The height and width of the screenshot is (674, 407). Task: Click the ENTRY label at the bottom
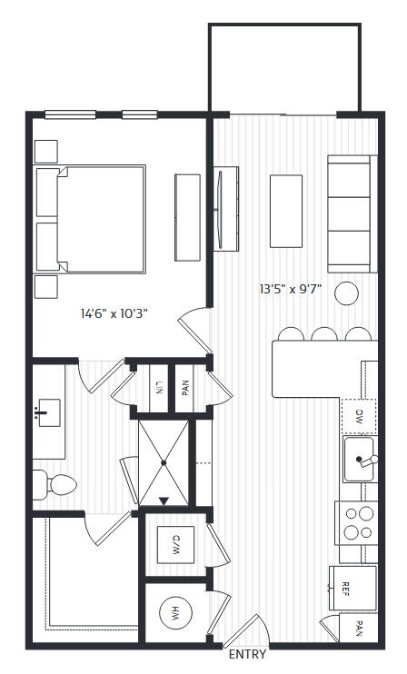[x=247, y=654]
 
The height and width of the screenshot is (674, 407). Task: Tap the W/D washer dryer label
[x=176, y=545]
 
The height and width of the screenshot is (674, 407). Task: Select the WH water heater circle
[x=175, y=614]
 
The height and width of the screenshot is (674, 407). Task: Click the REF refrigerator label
[x=344, y=589]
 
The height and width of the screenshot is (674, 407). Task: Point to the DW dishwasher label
[x=359, y=416]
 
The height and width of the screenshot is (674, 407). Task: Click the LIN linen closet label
[x=159, y=387]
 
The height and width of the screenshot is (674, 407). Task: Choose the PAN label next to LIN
[x=185, y=388]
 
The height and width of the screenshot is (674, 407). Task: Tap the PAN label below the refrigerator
[x=359, y=628]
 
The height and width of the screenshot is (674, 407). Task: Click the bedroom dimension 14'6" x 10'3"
[x=114, y=313]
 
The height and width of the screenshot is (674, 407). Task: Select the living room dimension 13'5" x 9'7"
[x=291, y=289]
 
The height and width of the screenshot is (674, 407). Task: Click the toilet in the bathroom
[x=55, y=484]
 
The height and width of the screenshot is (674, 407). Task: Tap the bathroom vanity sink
[x=48, y=412]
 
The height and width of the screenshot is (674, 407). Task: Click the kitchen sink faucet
[x=367, y=461]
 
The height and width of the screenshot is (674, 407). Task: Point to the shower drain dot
[x=164, y=462]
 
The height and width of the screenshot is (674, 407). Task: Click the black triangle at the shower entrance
[x=164, y=501]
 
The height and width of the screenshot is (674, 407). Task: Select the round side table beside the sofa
[x=346, y=293]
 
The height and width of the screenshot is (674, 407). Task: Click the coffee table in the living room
[x=286, y=211]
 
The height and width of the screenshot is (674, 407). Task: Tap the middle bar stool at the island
[x=324, y=334]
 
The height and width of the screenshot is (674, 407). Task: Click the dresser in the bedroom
[x=187, y=217]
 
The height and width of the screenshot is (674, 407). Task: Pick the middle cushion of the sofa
[x=349, y=214]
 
